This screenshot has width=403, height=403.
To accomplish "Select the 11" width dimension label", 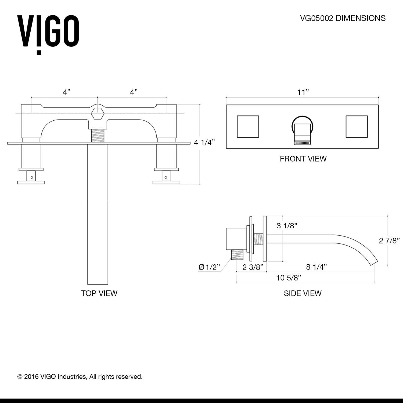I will click(303, 92).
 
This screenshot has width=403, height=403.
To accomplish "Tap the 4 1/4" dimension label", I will click(204, 143).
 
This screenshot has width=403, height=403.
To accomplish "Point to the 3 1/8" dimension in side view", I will click(287, 226).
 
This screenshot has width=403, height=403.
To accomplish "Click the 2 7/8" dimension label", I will click(389, 241).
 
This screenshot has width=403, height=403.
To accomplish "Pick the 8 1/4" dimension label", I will click(316, 267).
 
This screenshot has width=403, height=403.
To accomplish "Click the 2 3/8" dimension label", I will click(253, 267).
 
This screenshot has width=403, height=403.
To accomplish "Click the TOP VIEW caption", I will click(99, 293).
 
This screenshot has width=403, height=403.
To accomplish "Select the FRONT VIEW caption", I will click(303, 159).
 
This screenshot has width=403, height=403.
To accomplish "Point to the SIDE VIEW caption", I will click(303, 293).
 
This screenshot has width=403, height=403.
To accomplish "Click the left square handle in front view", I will click(248, 127).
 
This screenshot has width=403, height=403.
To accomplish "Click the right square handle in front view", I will click(357, 127).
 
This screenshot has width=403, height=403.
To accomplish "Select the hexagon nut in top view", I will click(97, 114).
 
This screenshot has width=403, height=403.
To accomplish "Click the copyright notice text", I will click(80, 377).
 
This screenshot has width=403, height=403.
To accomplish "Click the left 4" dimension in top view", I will click(66, 92).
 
